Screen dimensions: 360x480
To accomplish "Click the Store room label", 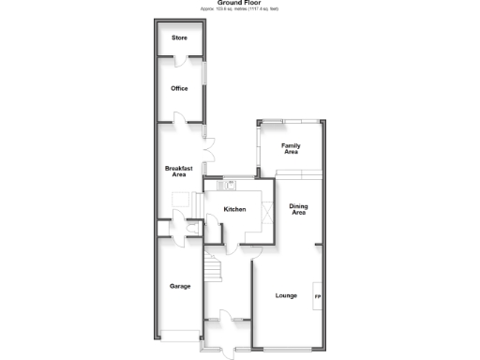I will (178, 38).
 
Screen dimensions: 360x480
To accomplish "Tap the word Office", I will (179, 88).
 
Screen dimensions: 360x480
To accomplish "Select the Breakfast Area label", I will (178, 170).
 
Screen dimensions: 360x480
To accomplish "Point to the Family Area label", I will (291, 148).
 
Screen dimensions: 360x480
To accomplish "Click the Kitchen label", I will (235, 209).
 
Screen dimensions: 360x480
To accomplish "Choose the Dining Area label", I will (298, 209).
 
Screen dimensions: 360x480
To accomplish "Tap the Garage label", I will (180, 286).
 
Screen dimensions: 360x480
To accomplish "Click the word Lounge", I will (286, 295).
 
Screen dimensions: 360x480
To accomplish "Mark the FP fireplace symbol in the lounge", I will (317, 297).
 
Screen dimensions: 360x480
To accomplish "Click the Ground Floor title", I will (240, 4).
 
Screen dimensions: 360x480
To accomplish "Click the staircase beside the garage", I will (214, 271).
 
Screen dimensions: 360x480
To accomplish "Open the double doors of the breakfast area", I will (212, 149).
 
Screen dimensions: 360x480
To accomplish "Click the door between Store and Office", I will (179, 61).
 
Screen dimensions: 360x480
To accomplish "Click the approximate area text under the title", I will (240, 9).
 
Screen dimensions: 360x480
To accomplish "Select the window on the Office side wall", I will (204, 74).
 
